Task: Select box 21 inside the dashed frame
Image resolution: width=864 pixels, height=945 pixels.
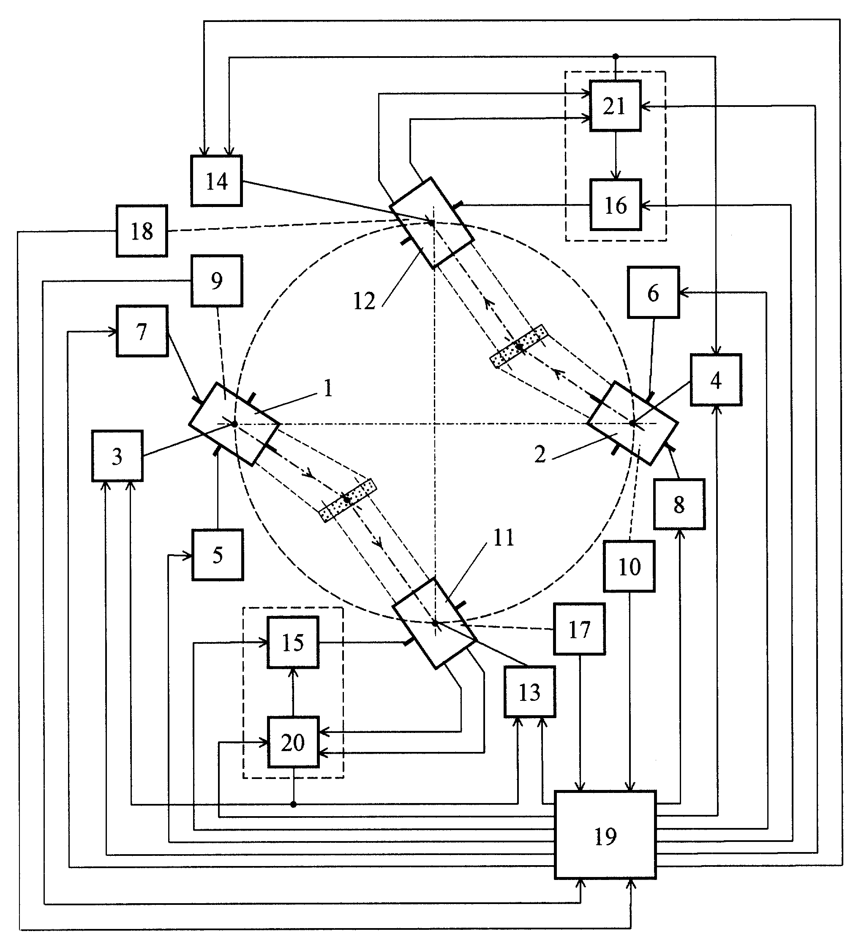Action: (615, 106)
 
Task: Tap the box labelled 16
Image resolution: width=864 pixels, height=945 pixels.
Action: (616, 205)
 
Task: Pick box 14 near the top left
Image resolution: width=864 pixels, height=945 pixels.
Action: (217, 181)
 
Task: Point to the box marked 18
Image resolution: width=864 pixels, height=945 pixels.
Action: (142, 231)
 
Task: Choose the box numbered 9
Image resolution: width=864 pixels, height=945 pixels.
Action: (217, 281)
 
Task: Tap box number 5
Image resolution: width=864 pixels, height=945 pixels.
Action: (218, 555)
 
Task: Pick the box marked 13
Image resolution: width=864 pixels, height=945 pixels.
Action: (530, 692)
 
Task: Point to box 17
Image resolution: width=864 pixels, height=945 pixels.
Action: (579, 629)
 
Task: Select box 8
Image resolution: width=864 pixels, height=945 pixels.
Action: (679, 504)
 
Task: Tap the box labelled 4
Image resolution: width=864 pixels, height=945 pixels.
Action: (716, 380)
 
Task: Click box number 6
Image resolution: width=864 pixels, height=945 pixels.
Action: (654, 292)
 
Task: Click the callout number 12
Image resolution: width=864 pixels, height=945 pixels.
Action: (364, 301)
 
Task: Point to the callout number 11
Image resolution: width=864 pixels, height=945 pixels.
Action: (504, 538)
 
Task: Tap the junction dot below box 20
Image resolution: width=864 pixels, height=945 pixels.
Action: (294, 804)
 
